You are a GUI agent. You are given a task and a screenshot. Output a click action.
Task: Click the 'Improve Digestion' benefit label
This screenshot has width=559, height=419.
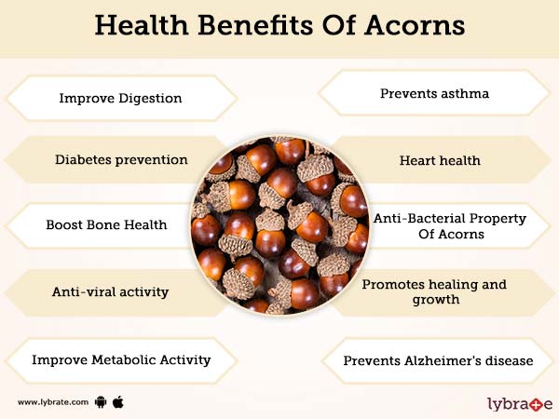[x=120, y=97]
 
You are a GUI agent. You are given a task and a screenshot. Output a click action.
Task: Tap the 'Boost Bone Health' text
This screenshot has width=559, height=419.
[x=107, y=225]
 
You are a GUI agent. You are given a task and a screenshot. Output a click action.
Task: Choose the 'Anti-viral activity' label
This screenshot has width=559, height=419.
[x=110, y=291]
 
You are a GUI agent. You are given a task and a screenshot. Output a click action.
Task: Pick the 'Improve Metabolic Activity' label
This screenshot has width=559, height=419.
[x=121, y=358]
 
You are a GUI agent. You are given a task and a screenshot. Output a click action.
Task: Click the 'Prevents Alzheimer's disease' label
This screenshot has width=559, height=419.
[x=437, y=359]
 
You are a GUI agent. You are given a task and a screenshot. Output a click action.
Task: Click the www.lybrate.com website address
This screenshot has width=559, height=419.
[x=53, y=402]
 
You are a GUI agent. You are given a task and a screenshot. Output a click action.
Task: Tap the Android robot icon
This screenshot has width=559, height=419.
[x=101, y=402]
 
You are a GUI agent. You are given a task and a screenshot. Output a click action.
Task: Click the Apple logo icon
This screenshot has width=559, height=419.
[x=118, y=401]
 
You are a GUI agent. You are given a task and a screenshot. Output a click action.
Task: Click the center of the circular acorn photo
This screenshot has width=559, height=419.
[x=279, y=225]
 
